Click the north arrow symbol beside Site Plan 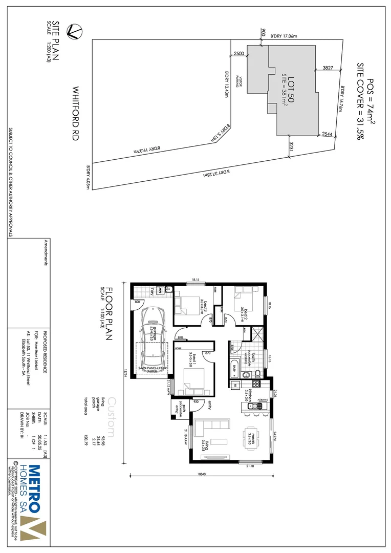click(x=75, y=31)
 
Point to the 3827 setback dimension click(x=328, y=68)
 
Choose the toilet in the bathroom click(x=258, y=372)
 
